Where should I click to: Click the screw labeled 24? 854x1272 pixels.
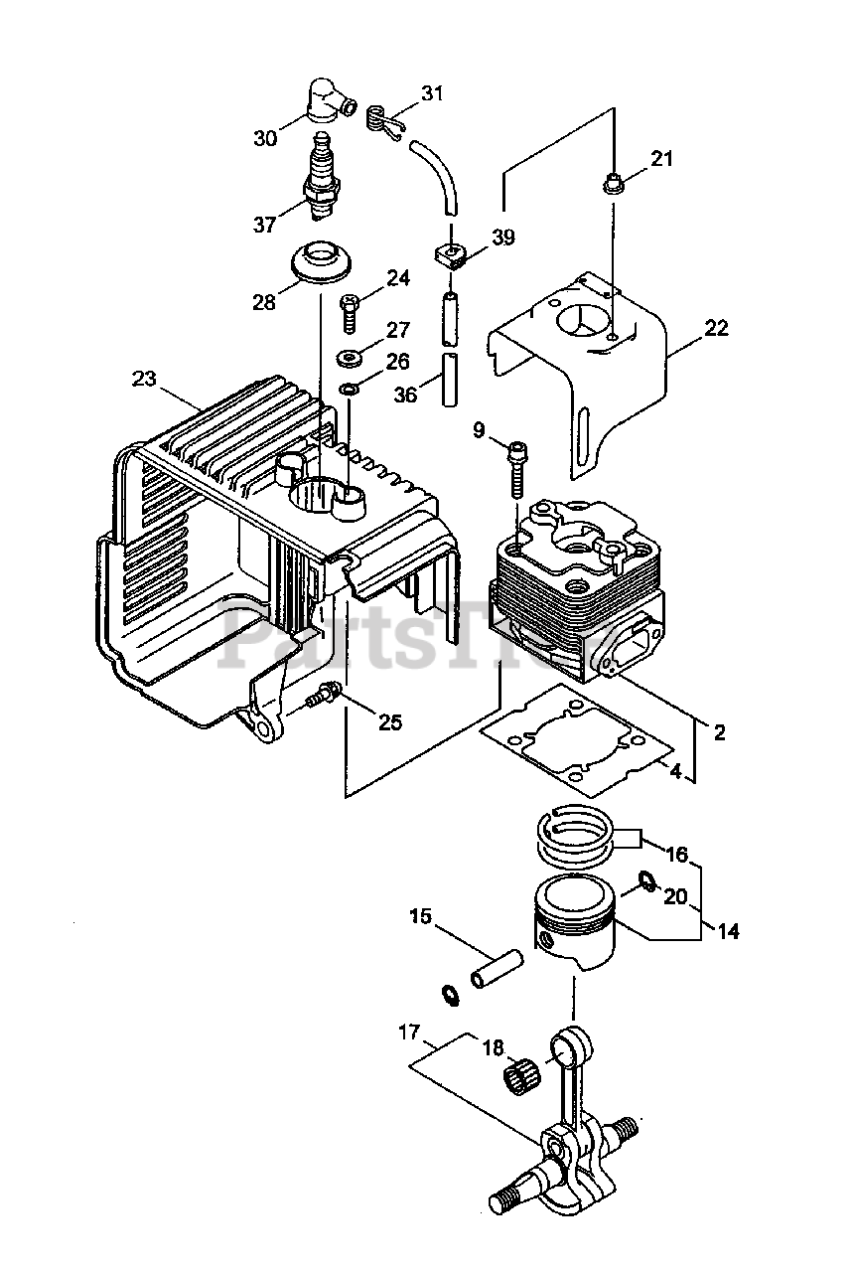point(349,312)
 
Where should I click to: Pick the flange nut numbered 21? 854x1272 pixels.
point(613,183)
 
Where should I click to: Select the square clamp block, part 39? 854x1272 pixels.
point(450,254)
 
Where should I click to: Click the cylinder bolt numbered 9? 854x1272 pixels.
point(515,468)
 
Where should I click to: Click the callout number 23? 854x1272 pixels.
point(144,379)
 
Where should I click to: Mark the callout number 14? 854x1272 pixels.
point(727,931)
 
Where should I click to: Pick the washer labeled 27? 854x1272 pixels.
point(350,357)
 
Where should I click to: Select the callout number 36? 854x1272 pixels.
point(405,395)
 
